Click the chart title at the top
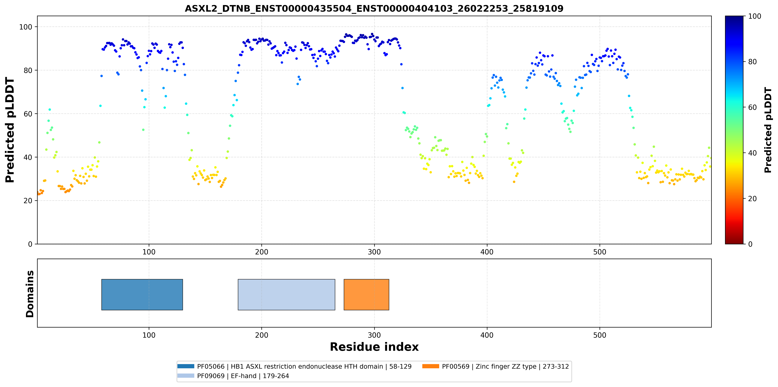pyautogui.click(x=374, y=8)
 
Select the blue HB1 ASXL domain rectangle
pyautogui.click(x=142, y=294)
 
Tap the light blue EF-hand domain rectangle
pyautogui.click(x=286, y=294)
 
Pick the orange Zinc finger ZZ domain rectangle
pyautogui.click(x=366, y=294)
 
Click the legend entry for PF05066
pyautogui.click(x=294, y=366)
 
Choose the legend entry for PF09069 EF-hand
pyautogui.click(x=233, y=376)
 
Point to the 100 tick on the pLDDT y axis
pyautogui.click(x=26, y=27)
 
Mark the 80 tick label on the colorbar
pyautogui.click(x=752, y=61)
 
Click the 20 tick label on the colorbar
pyautogui.click(x=752, y=198)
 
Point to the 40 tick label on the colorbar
pyautogui.click(x=752, y=153)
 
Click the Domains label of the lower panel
pyautogui.click(x=30, y=294)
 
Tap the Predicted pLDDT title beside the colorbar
pyautogui.click(x=768, y=130)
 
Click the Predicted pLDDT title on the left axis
pyautogui.click(x=10, y=130)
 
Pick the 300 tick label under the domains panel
pyautogui.click(x=374, y=335)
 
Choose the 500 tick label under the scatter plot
pyautogui.click(x=600, y=252)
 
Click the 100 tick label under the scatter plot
pyautogui.click(x=149, y=252)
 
